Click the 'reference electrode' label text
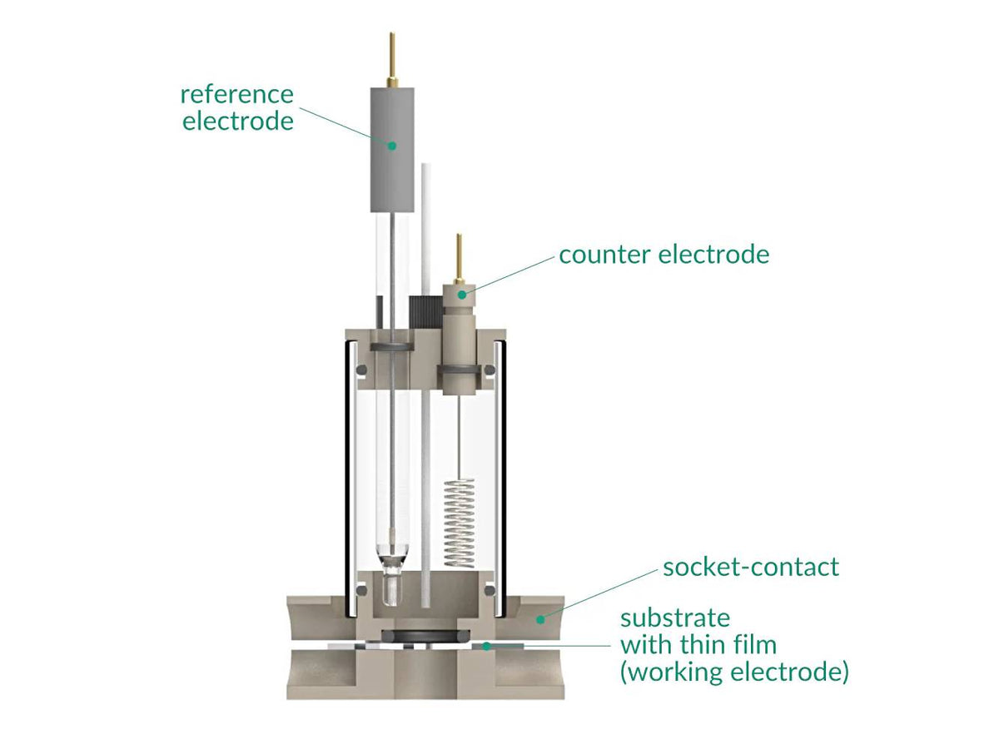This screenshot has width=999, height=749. [x=238, y=107]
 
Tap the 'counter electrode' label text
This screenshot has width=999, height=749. [x=664, y=255]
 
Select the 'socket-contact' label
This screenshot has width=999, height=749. [x=751, y=568]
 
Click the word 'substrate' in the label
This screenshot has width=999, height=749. [x=675, y=618]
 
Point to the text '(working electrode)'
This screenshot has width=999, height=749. [x=734, y=672]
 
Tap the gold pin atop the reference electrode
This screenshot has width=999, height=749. [x=391, y=58]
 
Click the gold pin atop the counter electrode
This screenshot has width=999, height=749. [x=459, y=258]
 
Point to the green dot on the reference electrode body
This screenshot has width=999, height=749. [x=391, y=144]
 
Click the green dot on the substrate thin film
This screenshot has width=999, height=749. [x=485, y=645]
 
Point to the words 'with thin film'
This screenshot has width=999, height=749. [x=698, y=644]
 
